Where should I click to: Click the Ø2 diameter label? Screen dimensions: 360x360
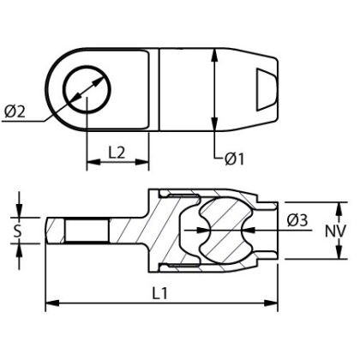tap(15, 111)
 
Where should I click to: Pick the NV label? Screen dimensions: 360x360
tap(336, 230)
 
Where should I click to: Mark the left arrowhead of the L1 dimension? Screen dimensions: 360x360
tap(50, 303)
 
